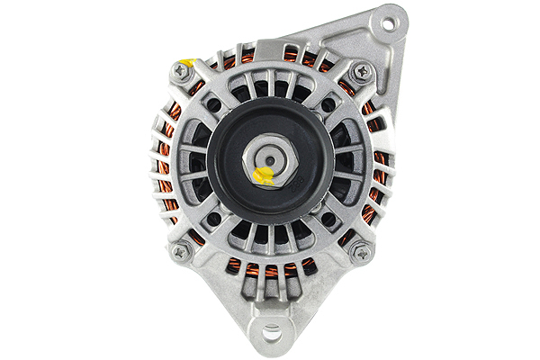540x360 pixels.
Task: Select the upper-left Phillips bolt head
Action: click(x=183, y=74)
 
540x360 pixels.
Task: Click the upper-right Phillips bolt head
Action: click(x=362, y=70)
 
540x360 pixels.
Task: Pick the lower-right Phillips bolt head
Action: click(x=362, y=252)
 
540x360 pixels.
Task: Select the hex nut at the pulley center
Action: click(x=271, y=159)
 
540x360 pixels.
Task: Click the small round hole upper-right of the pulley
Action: click(x=328, y=104)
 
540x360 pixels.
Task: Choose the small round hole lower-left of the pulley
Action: click(x=213, y=219)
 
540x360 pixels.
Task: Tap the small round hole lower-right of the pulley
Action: click(x=328, y=219)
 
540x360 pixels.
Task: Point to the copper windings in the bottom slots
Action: click(x=270, y=268)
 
